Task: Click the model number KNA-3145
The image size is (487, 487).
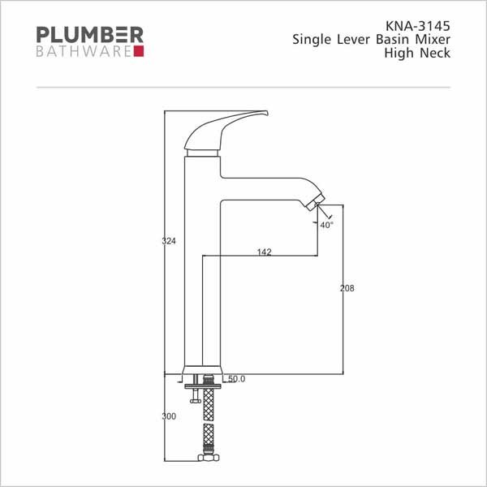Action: tap(417, 26)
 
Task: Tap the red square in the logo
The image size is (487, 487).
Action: tap(139, 51)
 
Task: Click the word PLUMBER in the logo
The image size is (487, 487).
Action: tap(90, 34)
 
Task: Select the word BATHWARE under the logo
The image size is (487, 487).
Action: tap(84, 52)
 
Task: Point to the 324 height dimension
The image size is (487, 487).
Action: tap(169, 241)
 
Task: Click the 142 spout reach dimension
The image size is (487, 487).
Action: tap(265, 252)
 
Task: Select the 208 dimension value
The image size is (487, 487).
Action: tap(347, 288)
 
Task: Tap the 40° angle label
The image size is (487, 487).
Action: tap(326, 225)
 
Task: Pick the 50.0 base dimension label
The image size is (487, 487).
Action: tap(237, 379)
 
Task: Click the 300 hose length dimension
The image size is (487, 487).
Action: tap(169, 416)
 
